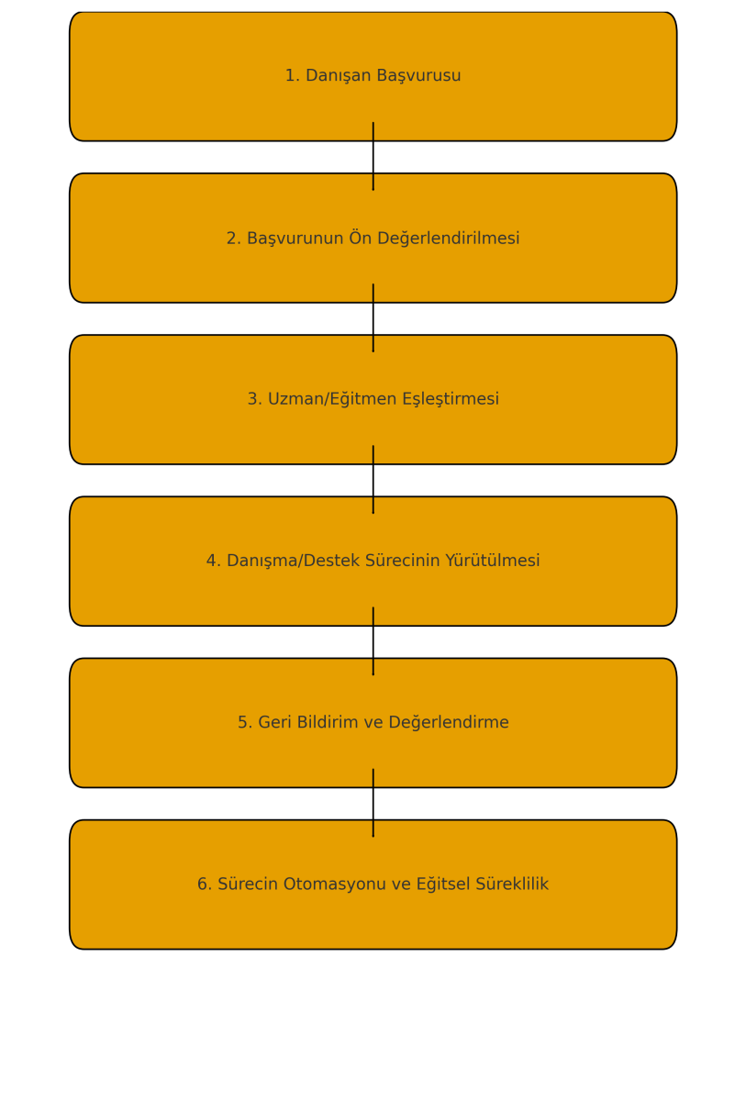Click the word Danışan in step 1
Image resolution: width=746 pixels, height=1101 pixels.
pyautogui.click(x=335, y=76)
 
